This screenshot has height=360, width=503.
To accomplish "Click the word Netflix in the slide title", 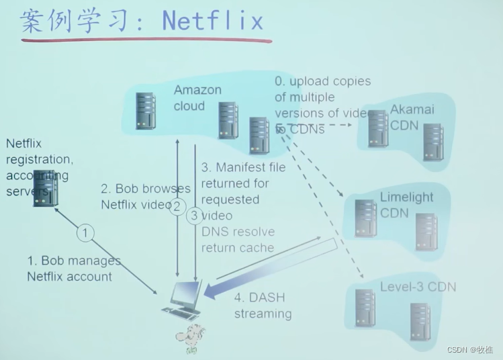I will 213,20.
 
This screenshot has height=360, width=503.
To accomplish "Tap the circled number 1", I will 85,232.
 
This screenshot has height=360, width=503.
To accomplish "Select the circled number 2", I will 177,206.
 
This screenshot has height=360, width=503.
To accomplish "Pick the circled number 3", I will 195,216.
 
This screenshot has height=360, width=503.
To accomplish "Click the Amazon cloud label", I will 197,98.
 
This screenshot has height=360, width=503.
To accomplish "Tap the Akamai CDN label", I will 412,117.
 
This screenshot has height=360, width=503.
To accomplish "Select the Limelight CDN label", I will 406,205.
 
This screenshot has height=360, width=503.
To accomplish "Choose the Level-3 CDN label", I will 418,287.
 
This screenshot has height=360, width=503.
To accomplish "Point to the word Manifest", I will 242,167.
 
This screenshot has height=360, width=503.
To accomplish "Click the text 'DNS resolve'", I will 238,232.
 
